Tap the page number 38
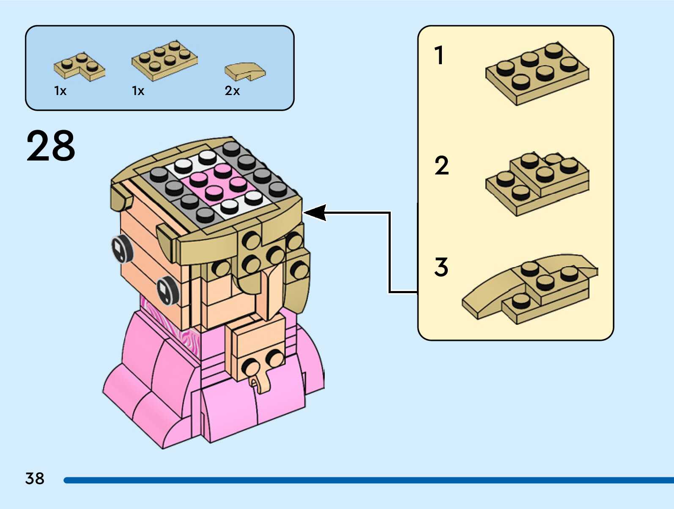[35, 478]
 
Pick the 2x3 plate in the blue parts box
[165, 60]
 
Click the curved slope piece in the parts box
[245, 72]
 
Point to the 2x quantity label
[232, 91]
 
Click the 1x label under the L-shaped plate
[60, 91]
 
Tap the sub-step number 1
[439, 55]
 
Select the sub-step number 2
[441, 165]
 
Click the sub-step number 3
[441, 267]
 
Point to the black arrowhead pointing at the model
[315, 212]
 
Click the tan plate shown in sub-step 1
[537, 73]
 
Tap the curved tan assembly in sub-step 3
[530, 289]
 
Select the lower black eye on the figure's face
[167, 290]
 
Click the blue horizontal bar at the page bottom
[368, 480]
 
